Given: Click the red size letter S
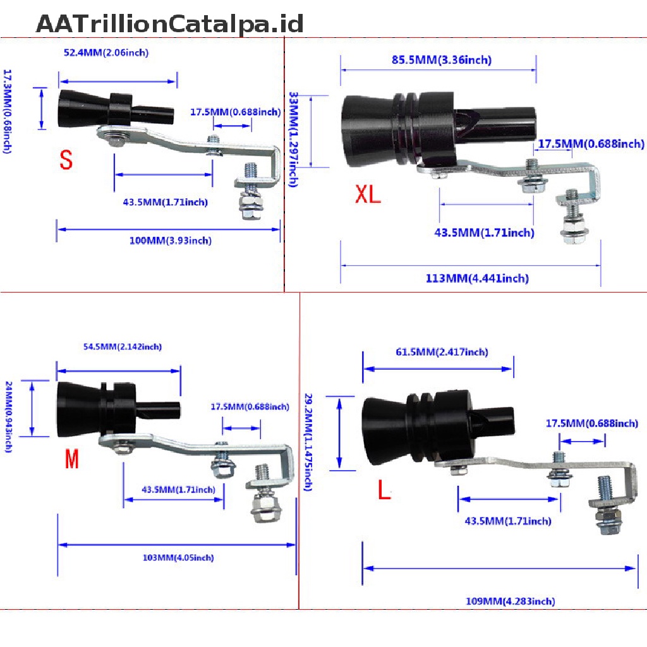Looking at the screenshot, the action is tap(66, 159).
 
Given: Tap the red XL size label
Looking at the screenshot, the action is tap(368, 194).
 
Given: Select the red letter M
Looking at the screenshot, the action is tap(72, 459).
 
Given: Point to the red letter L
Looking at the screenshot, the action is tap(384, 490).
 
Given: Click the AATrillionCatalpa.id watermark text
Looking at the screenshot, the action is tap(170, 25).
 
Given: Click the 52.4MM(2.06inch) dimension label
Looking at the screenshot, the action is tap(106, 52).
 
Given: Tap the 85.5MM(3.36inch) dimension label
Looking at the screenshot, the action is tap(440, 60).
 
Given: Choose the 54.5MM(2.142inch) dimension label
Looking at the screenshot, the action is tap(123, 346).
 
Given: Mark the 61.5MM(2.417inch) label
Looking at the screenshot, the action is tap(442, 352).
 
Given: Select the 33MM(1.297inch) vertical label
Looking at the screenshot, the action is tap(293, 140).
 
